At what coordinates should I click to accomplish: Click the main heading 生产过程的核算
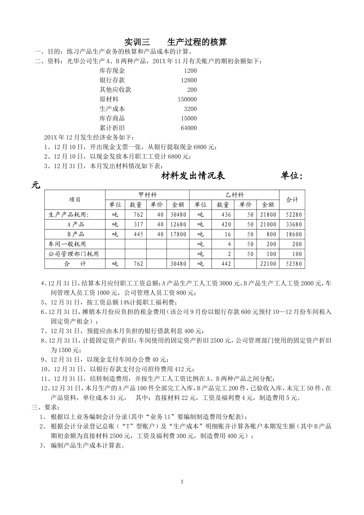pyautogui.click(x=197, y=42)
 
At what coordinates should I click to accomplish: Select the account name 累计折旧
pyautogui.click(x=112, y=128)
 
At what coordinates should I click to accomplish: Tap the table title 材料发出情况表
pyautogui.click(x=193, y=176)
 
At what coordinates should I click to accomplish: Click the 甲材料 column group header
pyautogui.click(x=148, y=195)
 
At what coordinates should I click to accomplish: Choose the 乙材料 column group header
pyautogui.click(x=234, y=195)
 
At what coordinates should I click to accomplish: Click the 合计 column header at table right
pyautogui.click(x=292, y=200)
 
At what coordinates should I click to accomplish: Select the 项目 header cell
pyautogui.click(x=75, y=200)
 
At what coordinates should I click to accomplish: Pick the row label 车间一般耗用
pyautogui.click(x=67, y=244)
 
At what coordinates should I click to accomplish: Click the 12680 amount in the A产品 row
pyautogui.click(x=179, y=225)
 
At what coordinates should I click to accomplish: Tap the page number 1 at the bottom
pyautogui.click(x=182, y=482)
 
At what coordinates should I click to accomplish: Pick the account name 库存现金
pyautogui.click(x=112, y=71)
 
